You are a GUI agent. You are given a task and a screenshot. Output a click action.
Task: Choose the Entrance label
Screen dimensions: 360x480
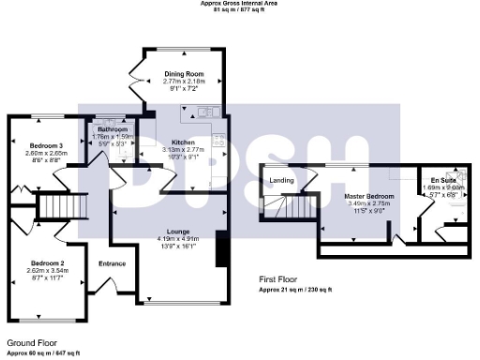[112, 263]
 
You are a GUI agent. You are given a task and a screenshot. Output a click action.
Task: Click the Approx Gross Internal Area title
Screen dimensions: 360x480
[240, 3]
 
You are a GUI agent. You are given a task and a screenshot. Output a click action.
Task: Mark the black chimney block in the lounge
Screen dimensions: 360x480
[221, 248]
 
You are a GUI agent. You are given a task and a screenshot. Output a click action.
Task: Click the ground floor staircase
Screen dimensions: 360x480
[66, 203]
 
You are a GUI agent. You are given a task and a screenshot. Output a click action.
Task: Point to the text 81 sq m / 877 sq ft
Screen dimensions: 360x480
[240, 10]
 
